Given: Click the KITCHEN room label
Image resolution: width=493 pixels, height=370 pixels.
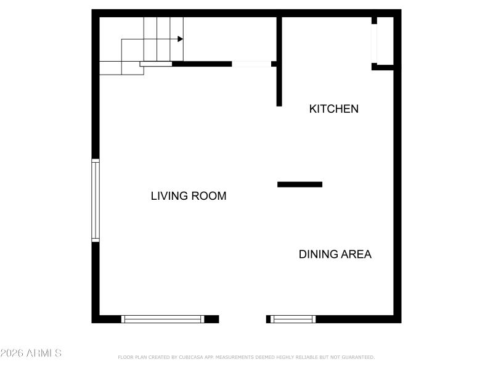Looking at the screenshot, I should pyautogui.click(x=333, y=109).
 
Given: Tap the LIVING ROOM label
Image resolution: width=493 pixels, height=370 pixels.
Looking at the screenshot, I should pyautogui.click(x=189, y=196).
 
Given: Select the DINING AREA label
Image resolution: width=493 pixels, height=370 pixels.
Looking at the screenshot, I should pyautogui.click(x=335, y=254).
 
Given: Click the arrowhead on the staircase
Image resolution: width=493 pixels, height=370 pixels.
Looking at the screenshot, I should pyautogui.click(x=181, y=39).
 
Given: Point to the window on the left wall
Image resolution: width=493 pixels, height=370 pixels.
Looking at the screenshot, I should pyautogui.click(x=96, y=200).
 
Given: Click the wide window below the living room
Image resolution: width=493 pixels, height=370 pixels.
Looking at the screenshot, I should pyautogui.click(x=163, y=319).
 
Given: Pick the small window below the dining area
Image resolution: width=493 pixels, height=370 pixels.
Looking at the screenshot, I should pyautogui.click(x=293, y=319).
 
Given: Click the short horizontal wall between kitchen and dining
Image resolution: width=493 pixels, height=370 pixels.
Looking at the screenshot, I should pyautogui.click(x=299, y=184).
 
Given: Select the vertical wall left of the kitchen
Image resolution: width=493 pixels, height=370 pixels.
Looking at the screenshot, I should pyautogui.click(x=279, y=62).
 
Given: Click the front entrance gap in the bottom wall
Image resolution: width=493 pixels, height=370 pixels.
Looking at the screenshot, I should pyautogui.click(x=242, y=319).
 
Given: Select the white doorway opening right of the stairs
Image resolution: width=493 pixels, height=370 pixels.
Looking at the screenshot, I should pyautogui.click(x=251, y=64).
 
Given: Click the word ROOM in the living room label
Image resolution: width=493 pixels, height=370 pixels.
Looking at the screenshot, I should pyautogui.click(x=209, y=196).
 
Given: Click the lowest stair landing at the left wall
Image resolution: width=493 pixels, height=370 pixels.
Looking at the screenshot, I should pyautogui.click(x=110, y=68).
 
